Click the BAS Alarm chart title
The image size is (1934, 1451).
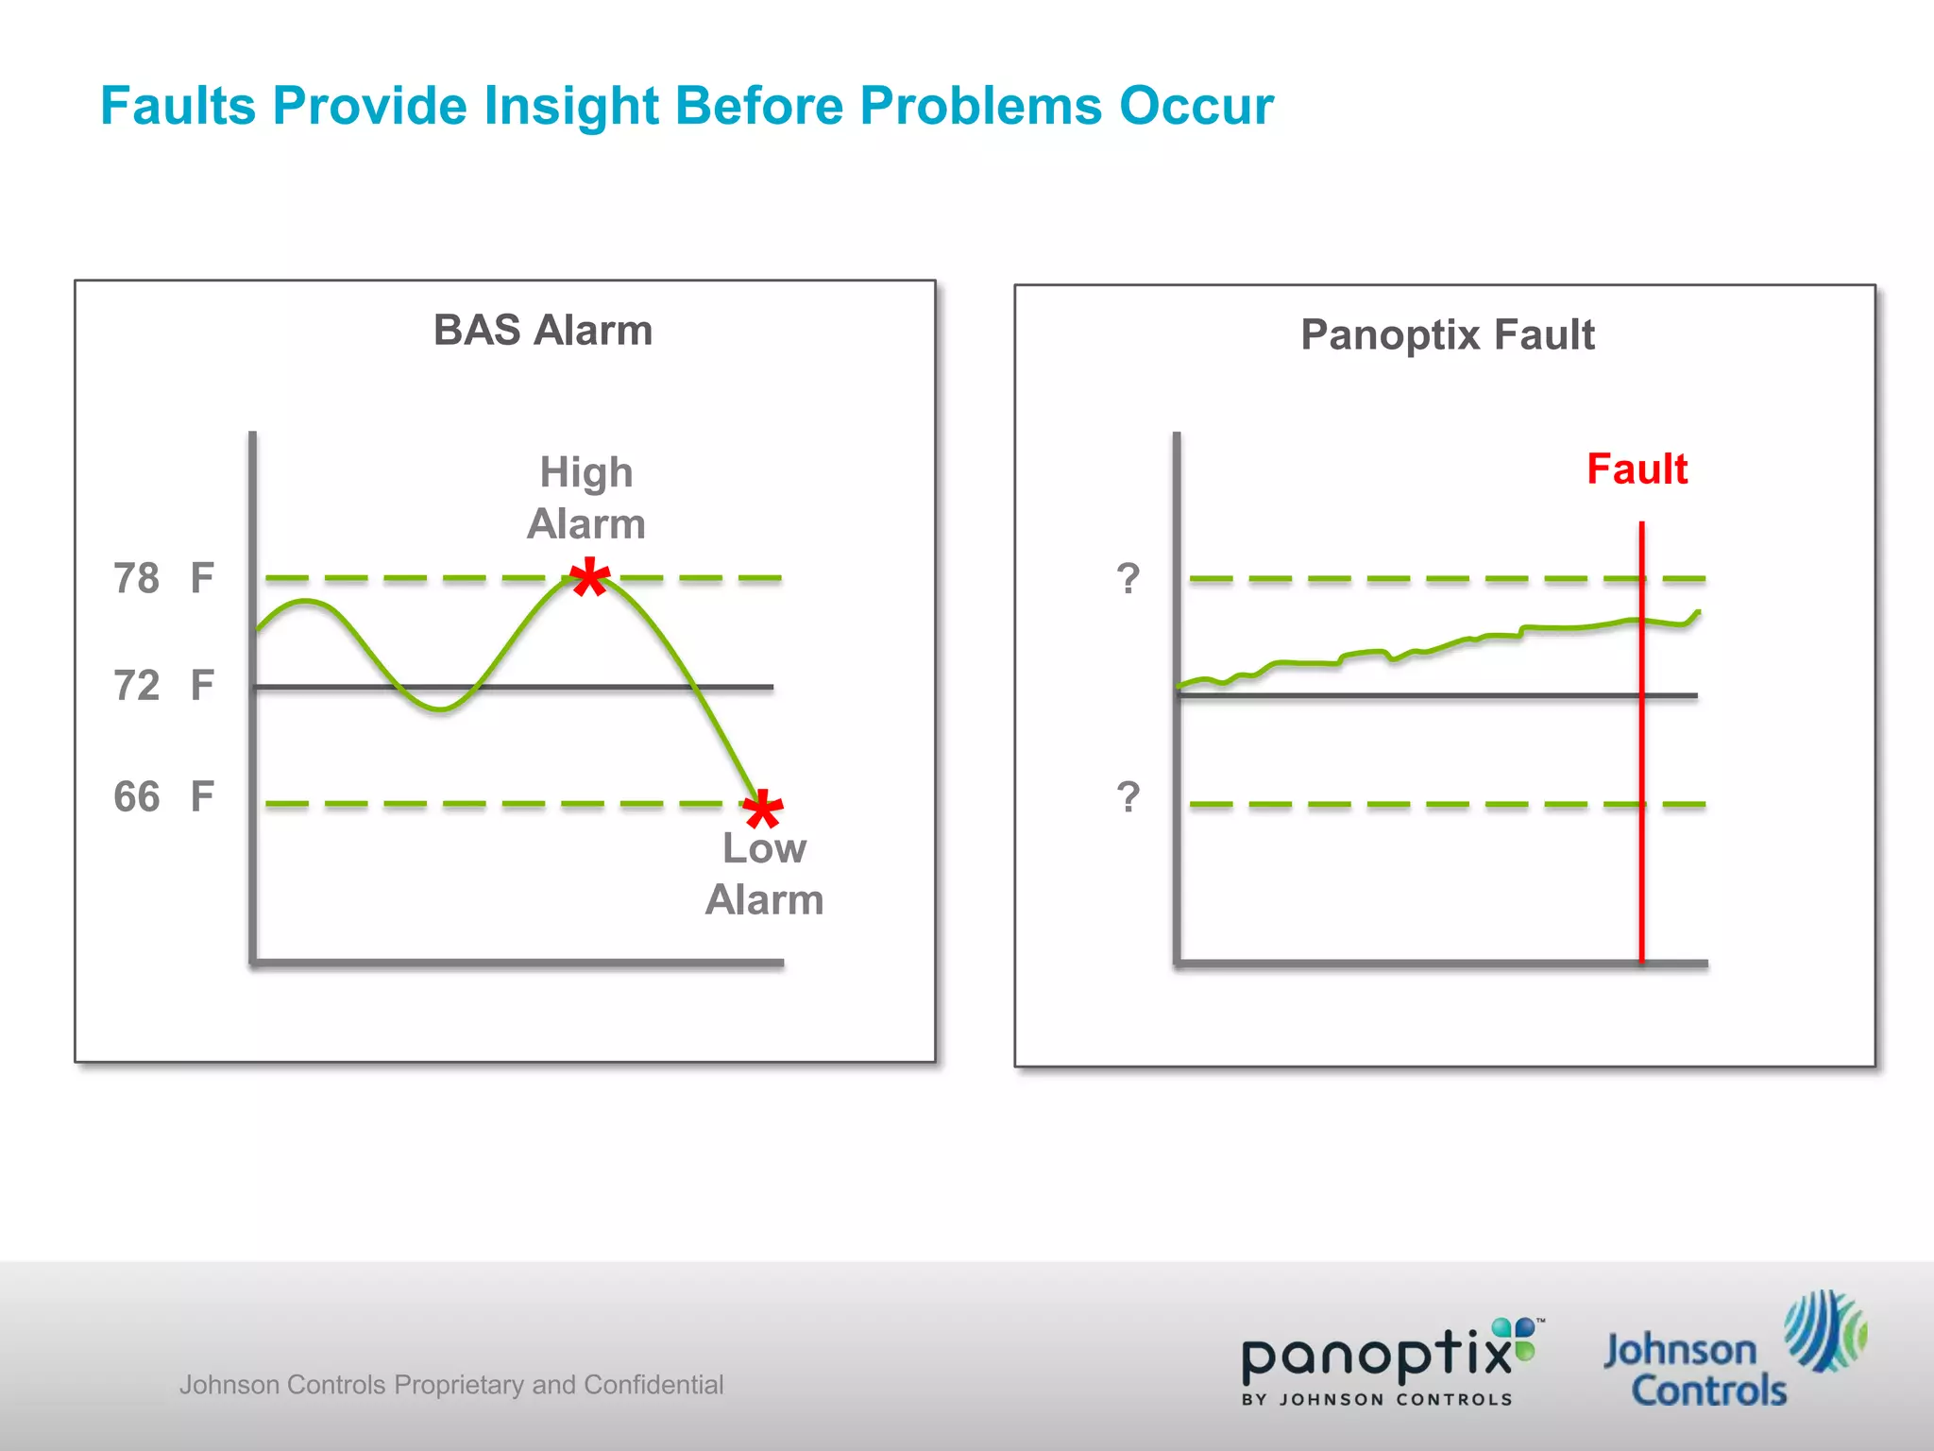coord(543,331)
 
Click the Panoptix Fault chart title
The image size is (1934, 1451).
coord(1447,335)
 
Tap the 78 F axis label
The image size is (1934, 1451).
coord(163,578)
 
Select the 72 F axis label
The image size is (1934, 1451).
coord(163,685)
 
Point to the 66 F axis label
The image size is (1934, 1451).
coord(163,796)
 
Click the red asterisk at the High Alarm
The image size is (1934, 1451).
coord(590,577)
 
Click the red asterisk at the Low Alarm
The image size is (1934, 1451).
coord(762,810)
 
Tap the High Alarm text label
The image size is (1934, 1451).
coord(585,498)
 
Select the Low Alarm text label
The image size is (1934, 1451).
coord(764,874)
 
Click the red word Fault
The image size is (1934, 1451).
coord(1637,469)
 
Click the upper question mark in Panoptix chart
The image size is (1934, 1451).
coord(1128,578)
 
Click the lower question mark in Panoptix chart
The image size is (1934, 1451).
coord(1128,797)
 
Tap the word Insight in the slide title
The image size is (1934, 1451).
coord(570,106)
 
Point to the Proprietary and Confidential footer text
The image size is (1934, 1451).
coord(451,1385)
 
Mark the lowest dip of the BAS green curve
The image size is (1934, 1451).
coord(440,708)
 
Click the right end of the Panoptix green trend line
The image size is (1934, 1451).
coord(1698,613)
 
